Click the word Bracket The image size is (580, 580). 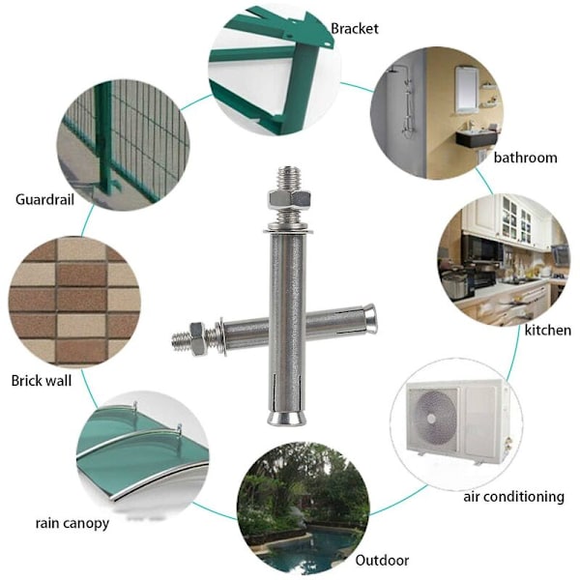coord(355,29)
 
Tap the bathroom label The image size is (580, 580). coord(525,158)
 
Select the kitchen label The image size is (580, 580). coord(548,330)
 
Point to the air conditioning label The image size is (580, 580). coord(514,497)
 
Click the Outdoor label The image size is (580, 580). coord(382,561)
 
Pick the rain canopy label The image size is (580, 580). coord(72,524)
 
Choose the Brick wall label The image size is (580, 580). coord(42,381)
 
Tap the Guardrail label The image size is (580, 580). coord(44,200)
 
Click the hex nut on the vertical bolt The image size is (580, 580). coord(288,199)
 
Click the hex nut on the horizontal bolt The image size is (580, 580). coord(198,339)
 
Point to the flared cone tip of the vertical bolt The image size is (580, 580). coord(288,418)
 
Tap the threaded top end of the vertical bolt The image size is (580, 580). coord(289,178)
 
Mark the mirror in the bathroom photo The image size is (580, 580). coord(467,89)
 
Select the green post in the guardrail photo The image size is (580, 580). coord(104,137)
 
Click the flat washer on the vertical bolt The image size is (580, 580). coord(288,231)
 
